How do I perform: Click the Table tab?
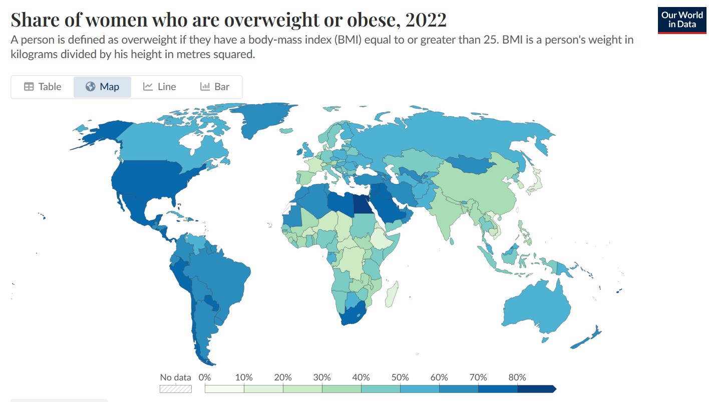tap(43, 87)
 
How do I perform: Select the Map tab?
tap(102, 87)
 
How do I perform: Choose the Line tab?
tap(159, 87)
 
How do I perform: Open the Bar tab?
tap(215, 87)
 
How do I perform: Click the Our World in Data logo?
tap(681, 20)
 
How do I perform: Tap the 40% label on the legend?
tap(361, 377)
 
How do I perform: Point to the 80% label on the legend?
tap(517, 377)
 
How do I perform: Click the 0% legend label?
tap(204, 377)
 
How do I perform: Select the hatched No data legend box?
tap(176, 388)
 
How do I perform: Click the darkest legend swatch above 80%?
tap(536, 388)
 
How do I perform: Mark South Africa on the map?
tap(353, 315)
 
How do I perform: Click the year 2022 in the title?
tap(426, 20)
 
